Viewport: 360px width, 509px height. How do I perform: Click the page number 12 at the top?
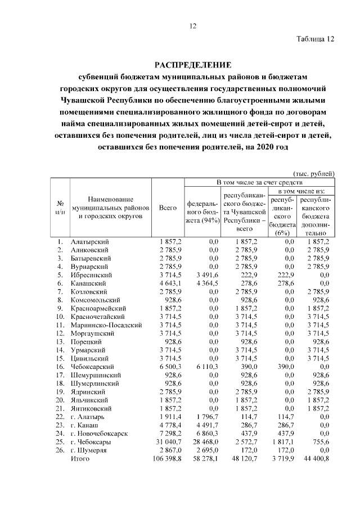[x=192, y=26]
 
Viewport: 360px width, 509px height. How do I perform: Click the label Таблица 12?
[x=316, y=39]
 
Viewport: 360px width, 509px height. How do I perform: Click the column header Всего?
[x=168, y=208]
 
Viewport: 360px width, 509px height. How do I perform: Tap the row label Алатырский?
[x=89, y=242]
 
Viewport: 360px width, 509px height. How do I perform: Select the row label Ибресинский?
[x=92, y=275]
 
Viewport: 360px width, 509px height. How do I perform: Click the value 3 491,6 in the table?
[x=206, y=275]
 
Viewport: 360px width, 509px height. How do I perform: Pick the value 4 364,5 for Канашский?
[x=206, y=283]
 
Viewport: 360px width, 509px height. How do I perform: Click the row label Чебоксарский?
[x=92, y=366]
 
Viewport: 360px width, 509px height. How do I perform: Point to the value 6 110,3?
[x=206, y=366]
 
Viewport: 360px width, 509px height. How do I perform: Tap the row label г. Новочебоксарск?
[x=99, y=433]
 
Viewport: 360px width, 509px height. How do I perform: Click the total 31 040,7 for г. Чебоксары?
[x=168, y=442]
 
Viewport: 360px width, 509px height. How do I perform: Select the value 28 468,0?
[x=205, y=442]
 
